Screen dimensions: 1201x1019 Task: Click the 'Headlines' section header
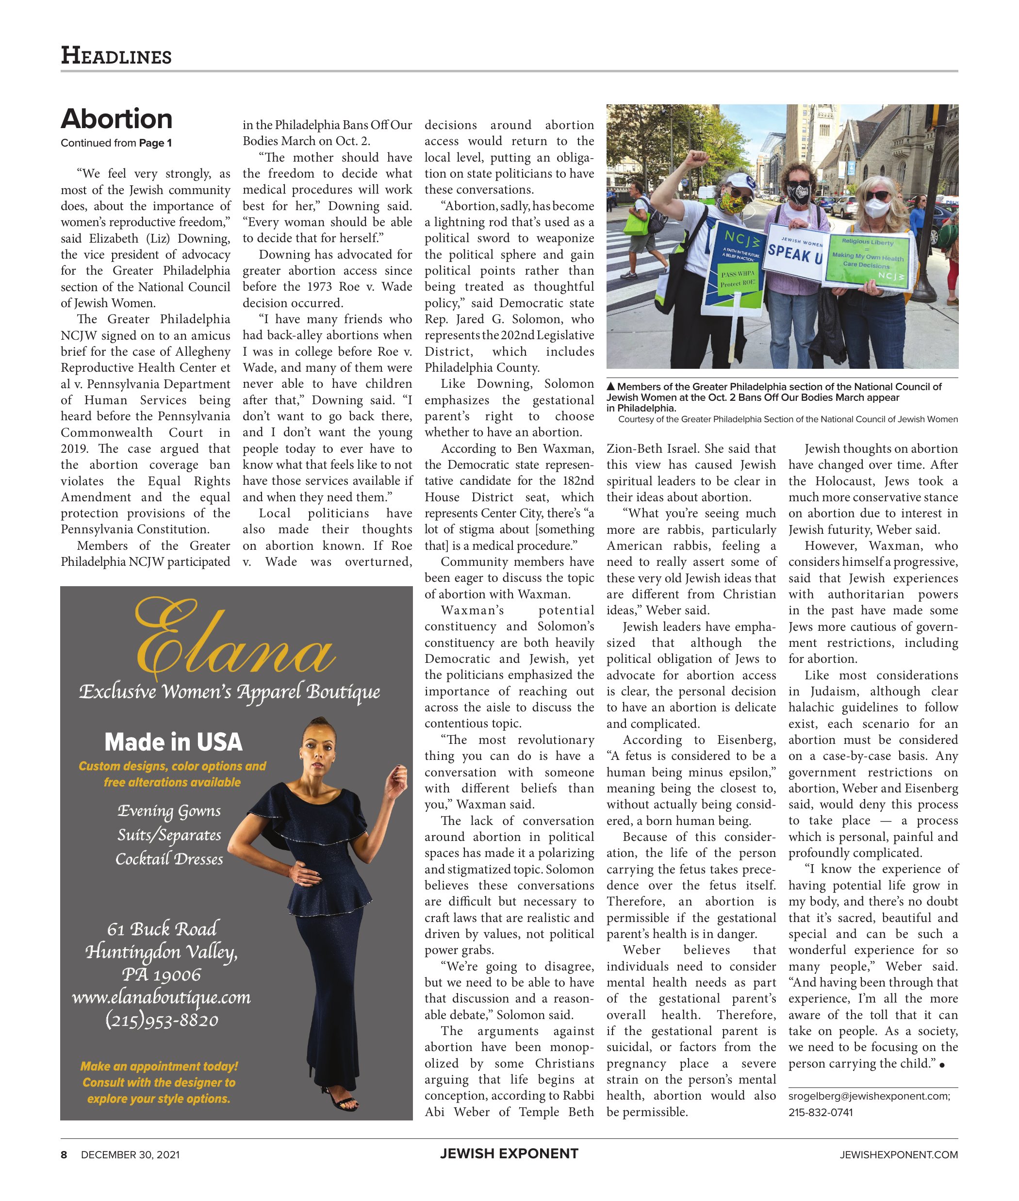point(116,56)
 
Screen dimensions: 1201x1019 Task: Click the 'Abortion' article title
point(116,119)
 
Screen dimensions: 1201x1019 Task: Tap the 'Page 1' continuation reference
point(155,143)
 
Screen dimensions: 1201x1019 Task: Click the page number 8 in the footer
point(64,1155)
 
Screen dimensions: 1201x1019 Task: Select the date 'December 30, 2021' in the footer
point(130,1155)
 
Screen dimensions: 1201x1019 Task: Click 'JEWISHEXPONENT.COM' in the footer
point(898,1155)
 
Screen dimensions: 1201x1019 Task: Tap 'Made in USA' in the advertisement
point(173,742)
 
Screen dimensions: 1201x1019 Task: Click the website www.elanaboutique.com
point(161,997)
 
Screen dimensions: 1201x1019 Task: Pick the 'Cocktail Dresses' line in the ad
point(169,859)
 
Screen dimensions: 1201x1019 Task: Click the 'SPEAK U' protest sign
point(794,254)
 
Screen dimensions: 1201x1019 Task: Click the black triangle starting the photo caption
point(610,386)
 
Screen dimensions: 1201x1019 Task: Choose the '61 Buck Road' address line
point(162,929)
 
